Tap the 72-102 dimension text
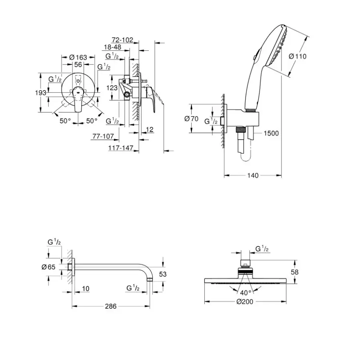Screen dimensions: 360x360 click(122, 40)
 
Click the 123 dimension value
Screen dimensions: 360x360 click(112, 88)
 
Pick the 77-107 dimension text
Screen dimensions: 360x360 click(103, 136)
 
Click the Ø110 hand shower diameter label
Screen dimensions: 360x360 click(297, 56)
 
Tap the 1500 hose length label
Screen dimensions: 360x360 click(271, 133)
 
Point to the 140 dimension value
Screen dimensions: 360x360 click(253, 175)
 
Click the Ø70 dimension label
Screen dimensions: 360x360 click(192, 119)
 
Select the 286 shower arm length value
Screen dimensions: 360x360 click(111, 306)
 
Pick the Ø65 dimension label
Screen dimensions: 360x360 click(48, 267)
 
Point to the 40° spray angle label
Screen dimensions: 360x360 click(245, 292)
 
